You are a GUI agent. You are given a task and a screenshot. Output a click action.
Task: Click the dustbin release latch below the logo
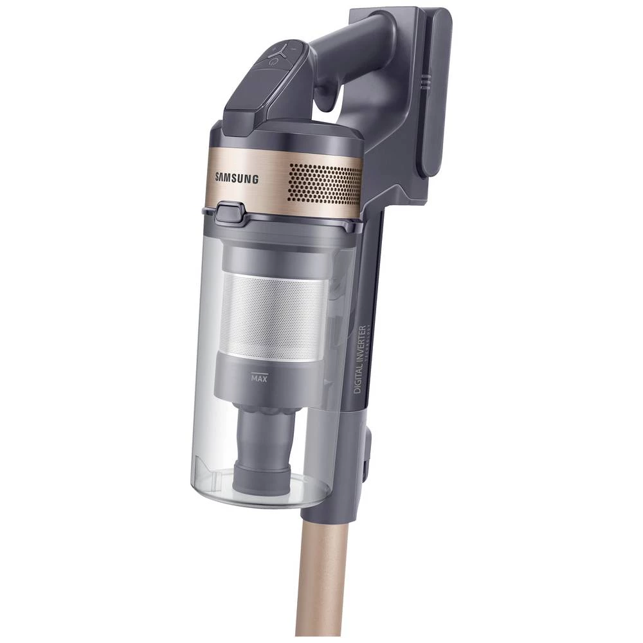pyautogui.click(x=230, y=212)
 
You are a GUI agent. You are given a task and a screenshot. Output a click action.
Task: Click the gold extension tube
pyautogui.click(x=319, y=579)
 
